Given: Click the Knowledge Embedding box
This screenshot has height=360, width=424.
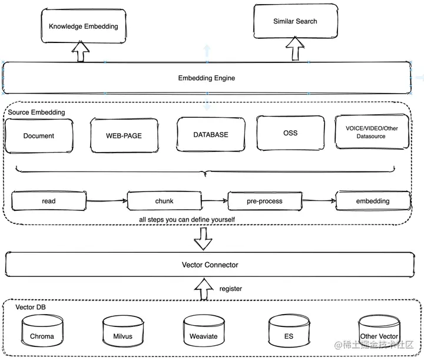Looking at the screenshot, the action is [x=84, y=26].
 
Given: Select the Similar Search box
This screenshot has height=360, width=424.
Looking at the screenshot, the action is [x=296, y=21].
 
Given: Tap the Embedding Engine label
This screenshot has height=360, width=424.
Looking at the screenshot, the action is [x=207, y=78].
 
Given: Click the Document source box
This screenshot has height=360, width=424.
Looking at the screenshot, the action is [x=39, y=136].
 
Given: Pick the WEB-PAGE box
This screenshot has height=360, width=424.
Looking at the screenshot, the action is [x=124, y=136].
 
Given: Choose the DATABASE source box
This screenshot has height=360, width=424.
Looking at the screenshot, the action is [x=211, y=134].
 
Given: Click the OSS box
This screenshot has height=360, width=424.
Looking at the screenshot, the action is [x=290, y=133].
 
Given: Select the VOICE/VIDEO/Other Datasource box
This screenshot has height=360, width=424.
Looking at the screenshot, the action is [x=372, y=132].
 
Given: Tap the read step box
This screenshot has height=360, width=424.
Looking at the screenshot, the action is [x=49, y=201].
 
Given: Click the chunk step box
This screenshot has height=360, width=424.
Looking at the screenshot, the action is [x=164, y=201].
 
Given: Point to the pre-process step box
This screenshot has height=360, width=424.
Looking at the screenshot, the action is [x=265, y=201].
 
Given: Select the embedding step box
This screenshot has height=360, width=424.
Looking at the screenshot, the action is [x=373, y=201].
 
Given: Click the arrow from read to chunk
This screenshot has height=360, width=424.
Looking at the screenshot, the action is [x=107, y=201].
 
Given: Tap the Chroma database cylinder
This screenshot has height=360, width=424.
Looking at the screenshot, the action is [x=42, y=331].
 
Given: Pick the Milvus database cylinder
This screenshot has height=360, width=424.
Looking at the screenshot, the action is [x=123, y=331].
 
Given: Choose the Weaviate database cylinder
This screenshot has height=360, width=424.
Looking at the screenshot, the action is [x=204, y=331].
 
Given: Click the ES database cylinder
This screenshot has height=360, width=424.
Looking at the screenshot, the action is [x=289, y=331].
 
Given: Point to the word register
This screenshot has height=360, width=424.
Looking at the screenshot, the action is [x=231, y=289].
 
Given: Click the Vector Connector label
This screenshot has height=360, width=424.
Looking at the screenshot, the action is [x=210, y=265].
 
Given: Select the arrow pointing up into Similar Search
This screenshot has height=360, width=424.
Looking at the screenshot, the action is [x=295, y=49].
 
